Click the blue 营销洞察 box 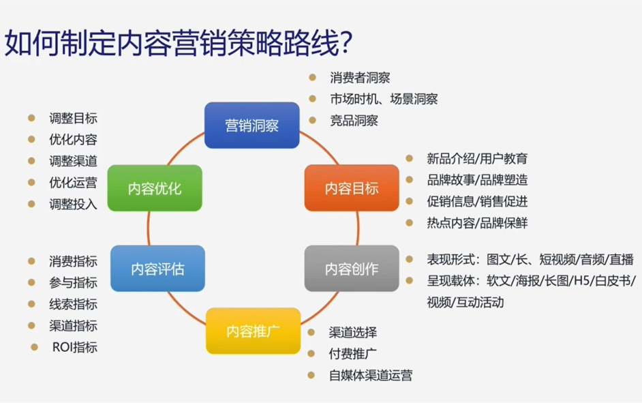coord(252,125)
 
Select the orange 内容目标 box coord(352,188)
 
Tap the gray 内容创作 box coord(352,269)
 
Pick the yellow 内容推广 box coord(254,331)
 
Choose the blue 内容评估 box coord(157,269)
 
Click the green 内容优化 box coord(155,188)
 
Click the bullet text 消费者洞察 coord(360,78)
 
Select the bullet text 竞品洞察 coord(354,121)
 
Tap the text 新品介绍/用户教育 coord(476,159)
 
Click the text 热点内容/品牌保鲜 coord(476,223)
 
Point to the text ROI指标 coord(74,347)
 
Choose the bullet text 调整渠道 coord(73,161)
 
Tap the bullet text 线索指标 coord(73,304)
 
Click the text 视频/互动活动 coord(465,302)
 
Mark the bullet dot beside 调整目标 coord(31,117)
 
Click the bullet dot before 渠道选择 coord(311,332)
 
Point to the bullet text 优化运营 coord(73,182)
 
